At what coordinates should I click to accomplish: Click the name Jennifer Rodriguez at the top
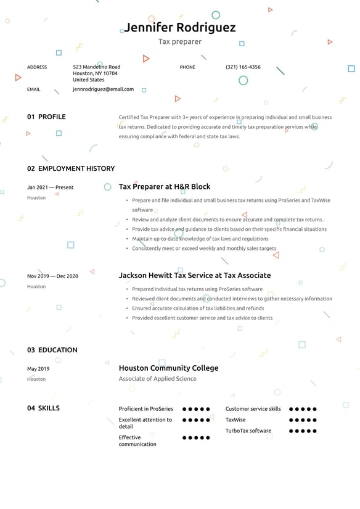click(x=179, y=28)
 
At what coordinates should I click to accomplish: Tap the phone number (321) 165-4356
click(x=243, y=67)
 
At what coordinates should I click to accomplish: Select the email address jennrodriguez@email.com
click(x=103, y=89)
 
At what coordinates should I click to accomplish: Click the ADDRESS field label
click(x=37, y=67)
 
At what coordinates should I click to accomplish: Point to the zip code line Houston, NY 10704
click(x=95, y=73)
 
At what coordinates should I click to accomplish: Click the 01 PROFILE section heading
click(x=46, y=117)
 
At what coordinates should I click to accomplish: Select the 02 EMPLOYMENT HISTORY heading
click(x=71, y=168)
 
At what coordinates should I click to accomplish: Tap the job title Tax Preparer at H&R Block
click(x=165, y=186)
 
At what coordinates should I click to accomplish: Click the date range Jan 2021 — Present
click(x=51, y=187)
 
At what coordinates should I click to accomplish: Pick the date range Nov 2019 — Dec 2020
click(x=53, y=276)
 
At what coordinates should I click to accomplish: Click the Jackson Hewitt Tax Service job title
click(x=195, y=275)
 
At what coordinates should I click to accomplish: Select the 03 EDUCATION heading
click(x=52, y=350)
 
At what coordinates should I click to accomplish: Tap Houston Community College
click(x=168, y=368)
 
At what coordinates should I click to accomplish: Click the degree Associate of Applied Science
click(x=158, y=379)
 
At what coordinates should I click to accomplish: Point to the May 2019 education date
click(x=38, y=369)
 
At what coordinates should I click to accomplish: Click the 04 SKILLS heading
click(x=44, y=408)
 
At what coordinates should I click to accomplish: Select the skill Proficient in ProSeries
click(x=146, y=408)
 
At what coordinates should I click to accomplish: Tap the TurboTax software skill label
click(x=248, y=431)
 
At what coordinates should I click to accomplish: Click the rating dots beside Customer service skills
click(x=303, y=409)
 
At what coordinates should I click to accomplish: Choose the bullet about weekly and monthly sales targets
click(x=204, y=248)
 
